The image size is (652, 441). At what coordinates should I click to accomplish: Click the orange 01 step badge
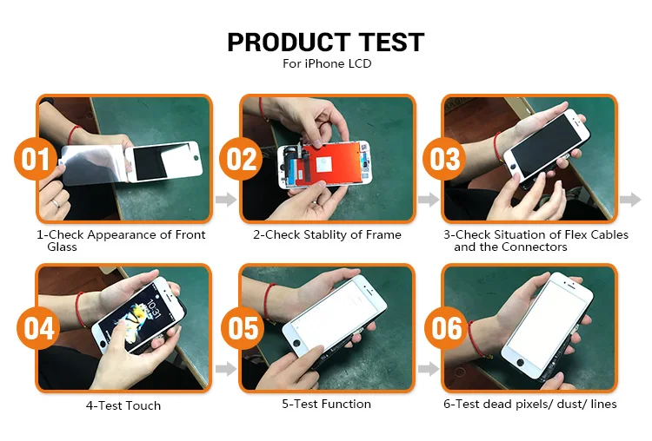[x=37, y=161]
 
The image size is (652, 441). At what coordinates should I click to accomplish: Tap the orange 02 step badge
[x=242, y=161]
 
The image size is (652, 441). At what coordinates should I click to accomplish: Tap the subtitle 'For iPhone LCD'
[x=326, y=64]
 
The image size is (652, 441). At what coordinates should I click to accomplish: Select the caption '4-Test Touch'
[x=123, y=405]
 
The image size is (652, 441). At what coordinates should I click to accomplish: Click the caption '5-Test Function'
[x=326, y=404]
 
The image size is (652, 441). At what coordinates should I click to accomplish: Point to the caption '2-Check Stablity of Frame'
[x=327, y=234]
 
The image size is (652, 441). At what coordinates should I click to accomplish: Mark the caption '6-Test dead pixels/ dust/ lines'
[x=529, y=404]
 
